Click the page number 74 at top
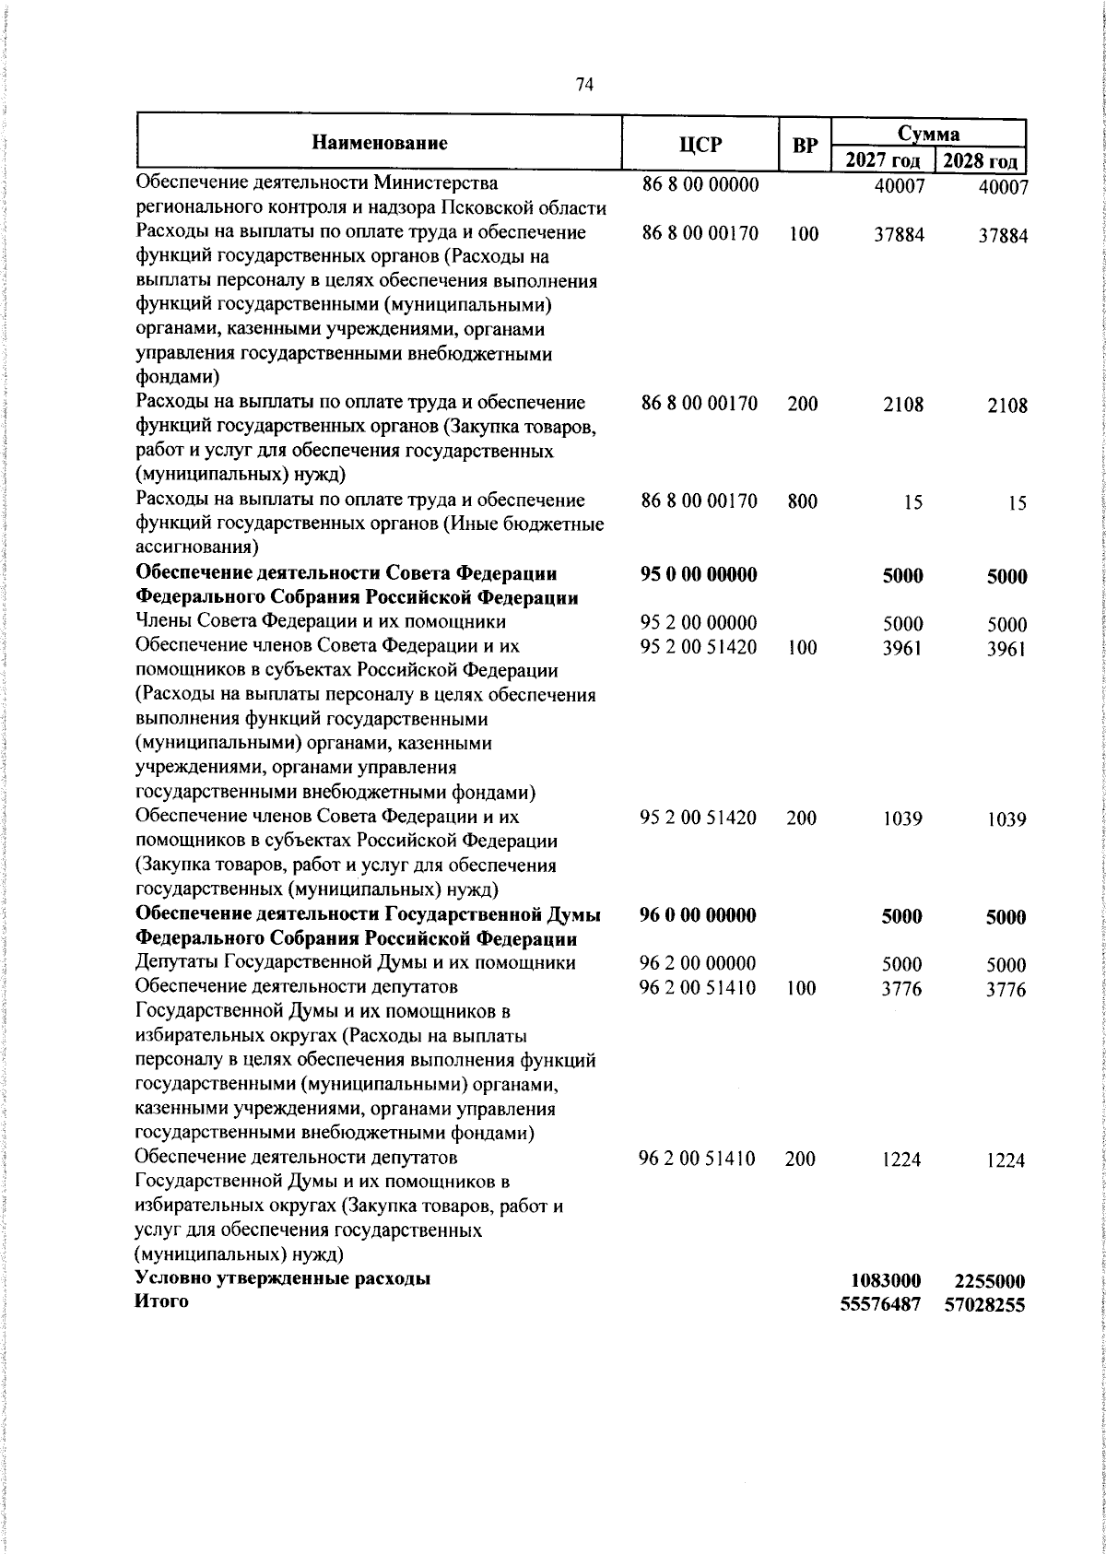pos(584,85)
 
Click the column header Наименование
pos(380,143)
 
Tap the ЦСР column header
pos(700,145)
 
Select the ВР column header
pos(805,145)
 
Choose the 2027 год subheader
pos(882,161)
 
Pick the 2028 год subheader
pos(980,162)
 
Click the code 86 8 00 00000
pos(700,185)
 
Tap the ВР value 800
pos(803,501)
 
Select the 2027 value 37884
pos(899,235)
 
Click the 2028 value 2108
pos(1005,406)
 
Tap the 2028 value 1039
pos(1006,820)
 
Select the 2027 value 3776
pos(902,989)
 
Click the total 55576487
pos(881,1305)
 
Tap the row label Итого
pos(161,1301)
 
